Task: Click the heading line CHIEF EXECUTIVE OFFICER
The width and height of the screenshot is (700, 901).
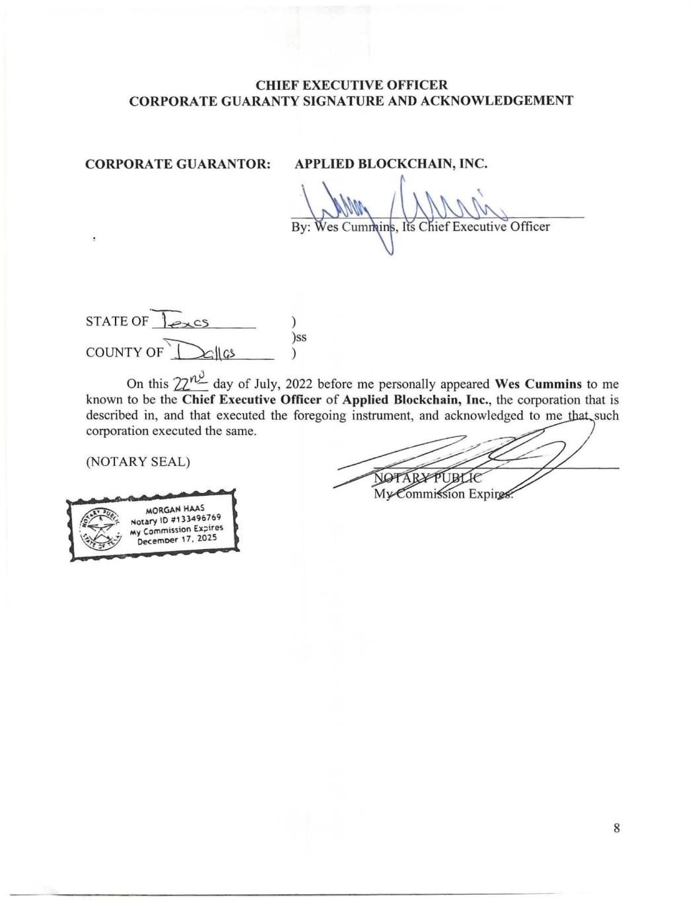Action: (x=351, y=85)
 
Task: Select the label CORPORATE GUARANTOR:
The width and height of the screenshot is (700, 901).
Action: (x=178, y=164)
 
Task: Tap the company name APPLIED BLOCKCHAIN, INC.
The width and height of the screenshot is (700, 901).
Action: (x=390, y=164)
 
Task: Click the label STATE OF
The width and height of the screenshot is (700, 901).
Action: (x=117, y=321)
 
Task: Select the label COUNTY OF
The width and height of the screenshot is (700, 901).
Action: (x=124, y=352)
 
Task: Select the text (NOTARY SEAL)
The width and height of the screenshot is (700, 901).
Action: (x=138, y=461)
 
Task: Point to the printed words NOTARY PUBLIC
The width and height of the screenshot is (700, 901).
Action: (x=427, y=479)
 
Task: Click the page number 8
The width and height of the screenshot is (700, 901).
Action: (x=616, y=828)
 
